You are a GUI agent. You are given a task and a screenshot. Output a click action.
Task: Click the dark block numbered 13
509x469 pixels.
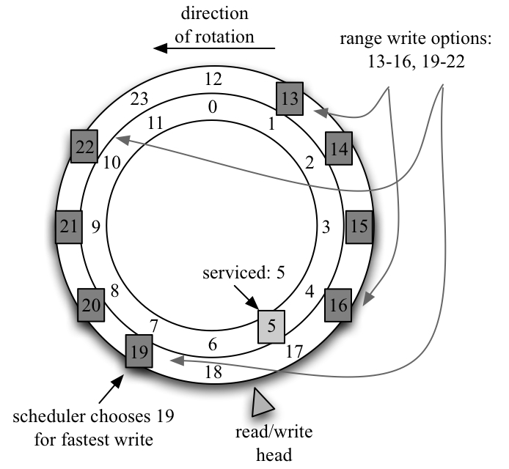291,97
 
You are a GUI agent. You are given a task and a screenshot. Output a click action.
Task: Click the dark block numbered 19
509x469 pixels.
138,351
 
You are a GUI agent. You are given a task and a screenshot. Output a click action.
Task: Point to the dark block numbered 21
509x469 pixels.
70,227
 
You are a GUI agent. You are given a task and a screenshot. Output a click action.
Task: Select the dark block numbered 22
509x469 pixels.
84,147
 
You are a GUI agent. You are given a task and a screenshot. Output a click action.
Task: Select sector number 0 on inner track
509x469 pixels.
213,108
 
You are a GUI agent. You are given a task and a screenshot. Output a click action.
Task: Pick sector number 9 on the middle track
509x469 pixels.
96,226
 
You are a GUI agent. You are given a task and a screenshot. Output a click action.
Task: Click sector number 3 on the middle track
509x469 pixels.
325,228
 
